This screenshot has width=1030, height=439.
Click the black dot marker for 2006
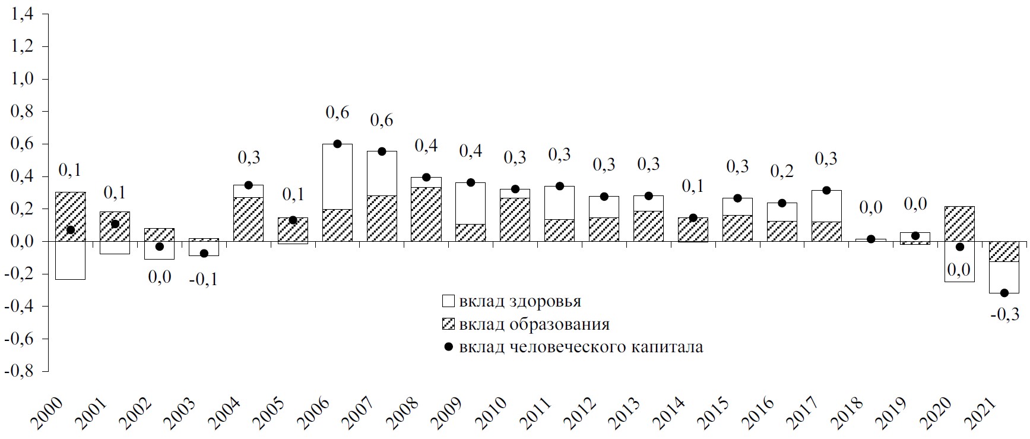click(x=337, y=144)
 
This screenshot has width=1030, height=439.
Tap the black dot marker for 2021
click(x=1004, y=293)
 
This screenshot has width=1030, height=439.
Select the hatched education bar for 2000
click(x=70, y=216)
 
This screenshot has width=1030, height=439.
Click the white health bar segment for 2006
click(x=337, y=176)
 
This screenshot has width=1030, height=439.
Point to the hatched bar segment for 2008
click(x=426, y=214)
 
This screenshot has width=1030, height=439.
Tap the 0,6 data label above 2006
click(x=337, y=112)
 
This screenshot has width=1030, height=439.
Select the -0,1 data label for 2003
click(x=204, y=279)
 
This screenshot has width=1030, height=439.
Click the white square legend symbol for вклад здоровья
click(x=448, y=301)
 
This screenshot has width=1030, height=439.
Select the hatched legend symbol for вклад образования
click(x=448, y=324)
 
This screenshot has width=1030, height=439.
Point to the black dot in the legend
click(x=448, y=347)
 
